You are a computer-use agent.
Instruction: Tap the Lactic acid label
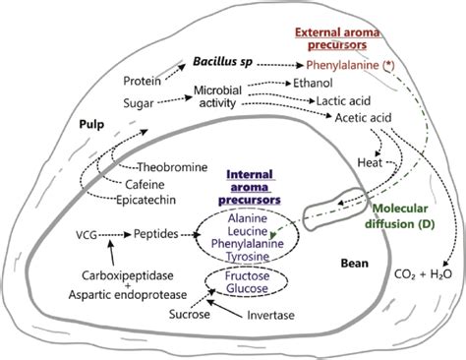341,100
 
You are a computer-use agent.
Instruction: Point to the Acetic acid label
364,117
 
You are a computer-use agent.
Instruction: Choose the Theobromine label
173,166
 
